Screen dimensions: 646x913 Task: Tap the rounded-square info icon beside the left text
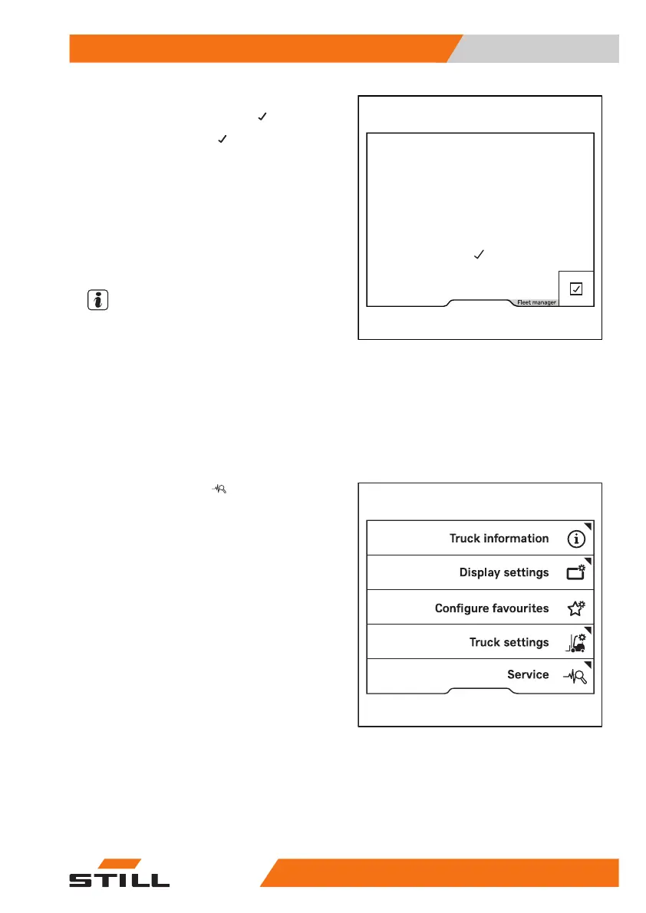(x=97, y=300)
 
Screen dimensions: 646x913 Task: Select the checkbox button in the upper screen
(x=576, y=288)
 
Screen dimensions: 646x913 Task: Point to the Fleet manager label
(x=536, y=302)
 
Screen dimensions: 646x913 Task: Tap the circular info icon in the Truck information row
(x=576, y=539)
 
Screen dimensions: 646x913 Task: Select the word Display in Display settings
(x=481, y=572)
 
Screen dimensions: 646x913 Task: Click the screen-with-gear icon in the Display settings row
(x=576, y=572)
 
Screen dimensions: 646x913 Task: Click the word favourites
(x=521, y=608)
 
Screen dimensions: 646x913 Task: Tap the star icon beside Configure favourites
(x=576, y=608)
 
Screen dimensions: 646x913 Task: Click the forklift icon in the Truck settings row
(x=576, y=642)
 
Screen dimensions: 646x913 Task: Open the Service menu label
(x=528, y=675)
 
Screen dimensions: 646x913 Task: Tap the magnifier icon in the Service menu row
(x=576, y=676)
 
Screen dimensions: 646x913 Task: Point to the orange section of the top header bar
(x=261, y=48)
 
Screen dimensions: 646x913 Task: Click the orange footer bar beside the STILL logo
(x=445, y=873)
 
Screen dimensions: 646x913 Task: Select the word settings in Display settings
(x=527, y=572)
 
